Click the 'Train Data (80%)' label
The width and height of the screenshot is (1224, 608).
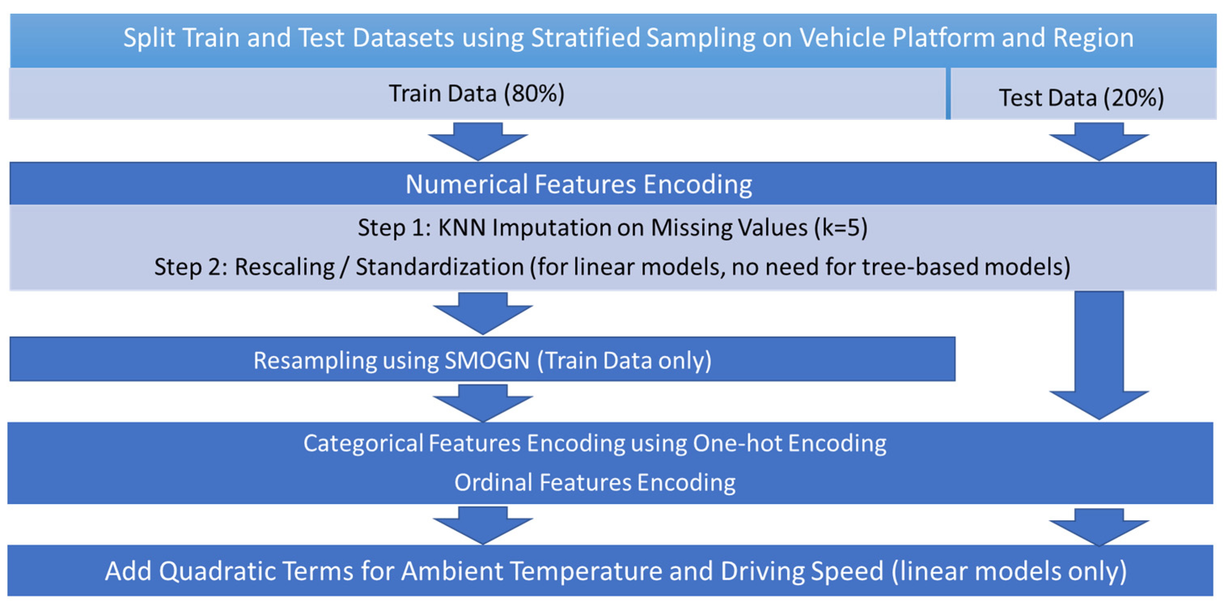pos(476,93)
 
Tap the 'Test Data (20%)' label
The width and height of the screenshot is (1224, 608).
pos(1082,98)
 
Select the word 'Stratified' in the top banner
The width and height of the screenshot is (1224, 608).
pos(585,38)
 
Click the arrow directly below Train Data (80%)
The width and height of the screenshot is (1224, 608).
pos(478,141)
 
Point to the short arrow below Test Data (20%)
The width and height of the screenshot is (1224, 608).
pos(1099,141)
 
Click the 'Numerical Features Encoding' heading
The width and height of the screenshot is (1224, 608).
pos(579,184)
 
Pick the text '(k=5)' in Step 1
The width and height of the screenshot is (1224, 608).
pos(841,228)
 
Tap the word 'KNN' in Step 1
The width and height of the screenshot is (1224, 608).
pos(462,228)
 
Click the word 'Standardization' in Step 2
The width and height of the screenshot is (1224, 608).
pos(440,267)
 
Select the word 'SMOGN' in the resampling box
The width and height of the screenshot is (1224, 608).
pos(487,361)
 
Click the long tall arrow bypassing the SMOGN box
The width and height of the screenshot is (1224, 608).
pos(1099,355)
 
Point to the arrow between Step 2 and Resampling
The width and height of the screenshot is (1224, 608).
pos(483,313)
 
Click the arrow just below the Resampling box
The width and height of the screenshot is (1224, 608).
pos(483,403)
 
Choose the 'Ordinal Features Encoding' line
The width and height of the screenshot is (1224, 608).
pos(595,483)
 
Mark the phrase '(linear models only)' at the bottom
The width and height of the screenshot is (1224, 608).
pos(1009,572)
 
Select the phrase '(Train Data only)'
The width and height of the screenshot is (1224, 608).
pos(625,361)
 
